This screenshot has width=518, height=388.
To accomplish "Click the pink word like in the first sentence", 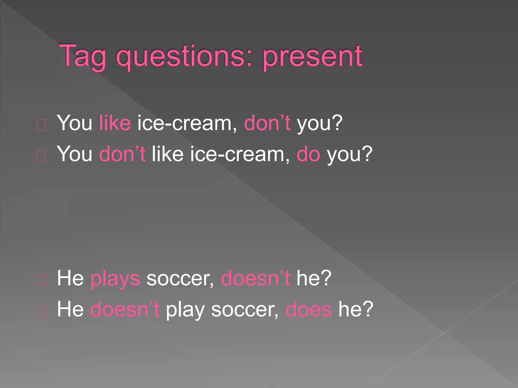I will click(x=115, y=123).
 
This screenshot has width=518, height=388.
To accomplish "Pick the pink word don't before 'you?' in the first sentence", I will click(x=267, y=123).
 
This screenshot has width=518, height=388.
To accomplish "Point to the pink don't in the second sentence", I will click(x=122, y=154).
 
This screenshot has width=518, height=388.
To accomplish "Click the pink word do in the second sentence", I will click(x=308, y=154).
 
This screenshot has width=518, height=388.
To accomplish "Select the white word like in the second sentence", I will click(x=168, y=154).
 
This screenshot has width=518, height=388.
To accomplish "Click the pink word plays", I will click(x=115, y=278).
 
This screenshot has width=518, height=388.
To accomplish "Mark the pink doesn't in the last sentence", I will click(x=125, y=309).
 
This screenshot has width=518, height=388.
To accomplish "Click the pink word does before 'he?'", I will click(x=309, y=309).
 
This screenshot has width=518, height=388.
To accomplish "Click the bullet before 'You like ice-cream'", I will click(x=41, y=125).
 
